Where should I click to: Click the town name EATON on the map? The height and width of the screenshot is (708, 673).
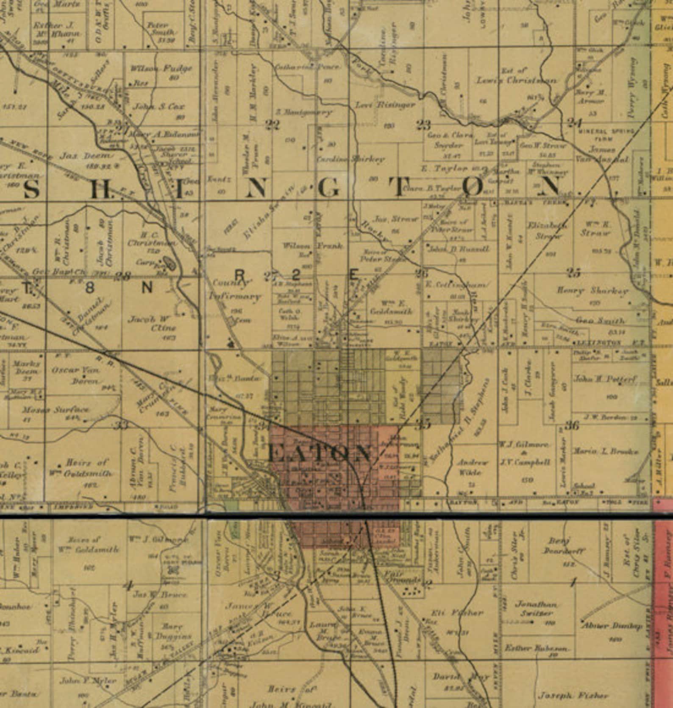[x=320, y=454]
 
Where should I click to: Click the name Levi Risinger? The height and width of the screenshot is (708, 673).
[x=385, y=105]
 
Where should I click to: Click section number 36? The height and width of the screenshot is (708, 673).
[x=572, y=425]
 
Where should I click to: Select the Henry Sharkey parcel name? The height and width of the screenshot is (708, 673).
[x=592, y=291]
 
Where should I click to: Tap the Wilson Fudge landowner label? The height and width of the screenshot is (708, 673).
[x=161, y=68]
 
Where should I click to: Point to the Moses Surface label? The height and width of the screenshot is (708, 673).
[x=56, y=410]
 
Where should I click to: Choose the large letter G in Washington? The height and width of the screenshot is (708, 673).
[x=328, y=189]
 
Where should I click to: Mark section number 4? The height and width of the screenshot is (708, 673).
[x=127, y=587]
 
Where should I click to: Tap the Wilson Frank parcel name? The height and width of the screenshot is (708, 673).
[x=313, y=246]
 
